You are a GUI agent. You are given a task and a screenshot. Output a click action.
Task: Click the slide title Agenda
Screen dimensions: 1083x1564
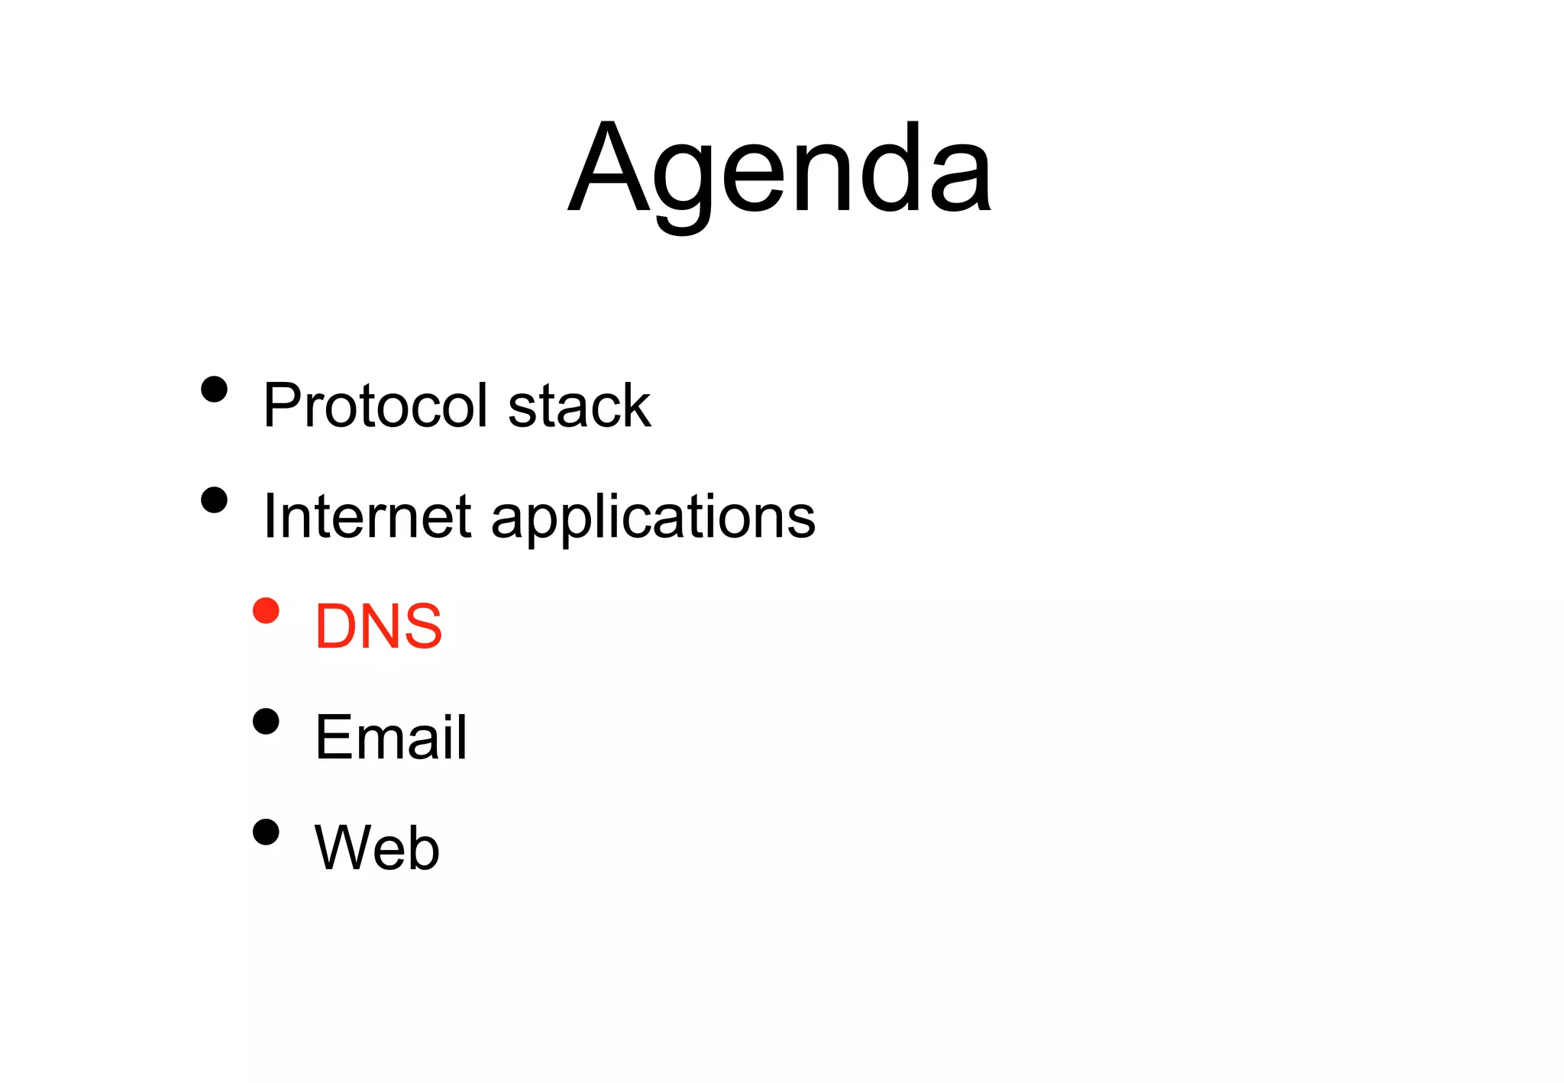coord(780,170)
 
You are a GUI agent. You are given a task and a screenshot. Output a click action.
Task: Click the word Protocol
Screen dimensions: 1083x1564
coord(375,406)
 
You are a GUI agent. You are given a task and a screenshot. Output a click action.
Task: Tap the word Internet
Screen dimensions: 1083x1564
coord(367,517)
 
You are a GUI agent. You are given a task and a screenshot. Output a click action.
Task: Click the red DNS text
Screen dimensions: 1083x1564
coord(378,627)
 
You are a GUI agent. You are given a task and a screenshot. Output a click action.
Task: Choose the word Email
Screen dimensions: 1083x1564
coord(390,738)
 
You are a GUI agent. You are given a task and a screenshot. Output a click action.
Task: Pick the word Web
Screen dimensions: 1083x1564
coord(377,848)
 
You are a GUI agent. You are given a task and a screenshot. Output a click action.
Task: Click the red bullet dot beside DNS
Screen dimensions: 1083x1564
coord(266,611)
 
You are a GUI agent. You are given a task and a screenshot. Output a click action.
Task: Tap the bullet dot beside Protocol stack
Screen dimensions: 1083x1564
coord(215,390)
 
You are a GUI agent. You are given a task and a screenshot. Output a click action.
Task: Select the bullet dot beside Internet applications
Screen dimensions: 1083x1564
coord(215,501)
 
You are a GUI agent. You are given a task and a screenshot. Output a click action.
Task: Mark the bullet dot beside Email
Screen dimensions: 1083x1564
coord(266,721)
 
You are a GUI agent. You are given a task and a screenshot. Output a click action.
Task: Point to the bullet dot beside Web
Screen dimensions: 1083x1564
coord(266,832)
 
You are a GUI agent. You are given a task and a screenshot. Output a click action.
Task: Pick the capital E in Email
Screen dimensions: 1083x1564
coord(331,738)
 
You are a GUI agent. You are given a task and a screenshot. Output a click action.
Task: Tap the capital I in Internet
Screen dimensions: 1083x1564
coord(269,517)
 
